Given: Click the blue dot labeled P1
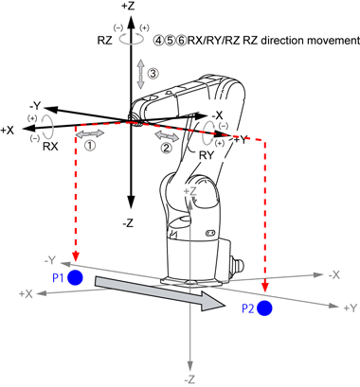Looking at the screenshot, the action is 75,277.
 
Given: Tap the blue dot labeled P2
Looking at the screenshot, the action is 264,308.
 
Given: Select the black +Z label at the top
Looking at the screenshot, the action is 128,6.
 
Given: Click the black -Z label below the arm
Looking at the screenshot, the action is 128,223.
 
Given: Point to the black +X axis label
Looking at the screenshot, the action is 8,131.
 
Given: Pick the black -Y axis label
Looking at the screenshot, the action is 37,106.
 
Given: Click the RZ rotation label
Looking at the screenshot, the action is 104,41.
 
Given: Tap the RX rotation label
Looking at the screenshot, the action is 50,147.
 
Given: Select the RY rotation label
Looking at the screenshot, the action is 207,155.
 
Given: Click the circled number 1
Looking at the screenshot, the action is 90,145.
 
